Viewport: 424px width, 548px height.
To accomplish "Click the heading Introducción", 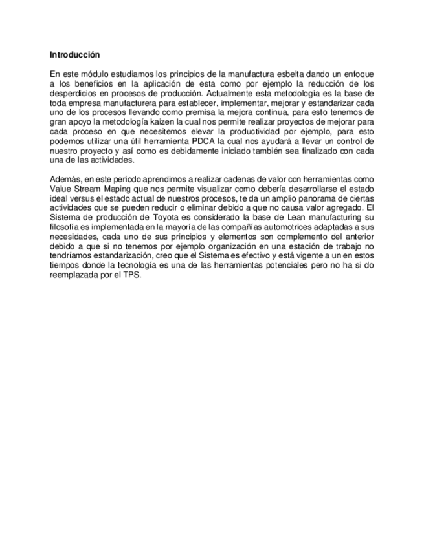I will (75, 56).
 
